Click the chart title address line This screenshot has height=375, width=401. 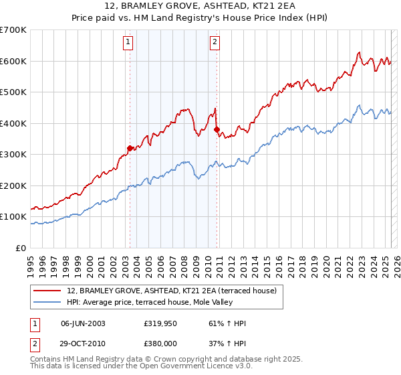coord(200,6)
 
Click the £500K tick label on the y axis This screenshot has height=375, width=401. coord(13,92)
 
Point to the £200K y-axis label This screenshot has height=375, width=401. coord(13,185)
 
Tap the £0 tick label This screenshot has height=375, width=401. coord(20,248)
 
